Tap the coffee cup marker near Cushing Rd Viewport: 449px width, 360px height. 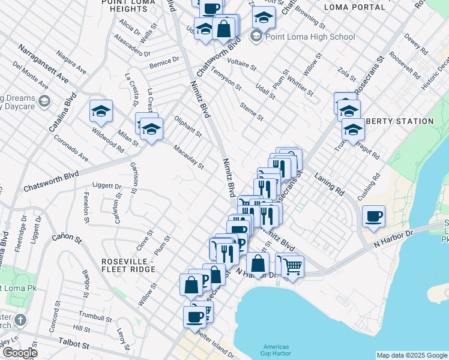[374, 217]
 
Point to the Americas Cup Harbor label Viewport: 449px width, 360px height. [276, 350]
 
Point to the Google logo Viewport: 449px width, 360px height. [19, 353]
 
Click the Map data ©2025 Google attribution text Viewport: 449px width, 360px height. [412, 355]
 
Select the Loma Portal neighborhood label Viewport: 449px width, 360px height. [354, 7]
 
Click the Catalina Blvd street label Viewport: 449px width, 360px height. [62, 112]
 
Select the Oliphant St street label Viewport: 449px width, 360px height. [188, 123]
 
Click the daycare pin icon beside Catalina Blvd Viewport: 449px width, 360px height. [43, 101]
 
